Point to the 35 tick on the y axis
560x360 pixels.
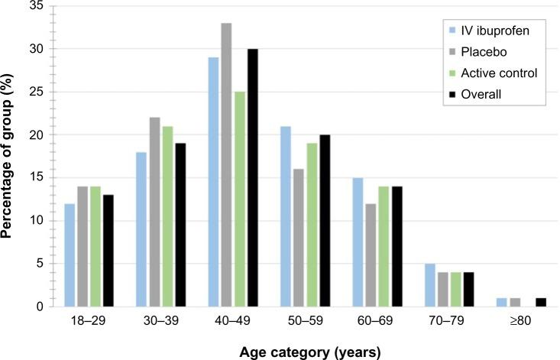pyautogui.click(x=34, y=6)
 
